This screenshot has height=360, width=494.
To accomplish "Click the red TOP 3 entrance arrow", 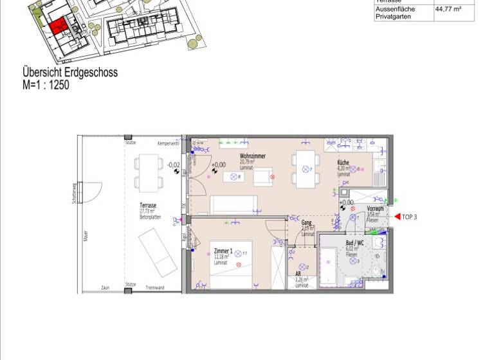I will [x=397, y=217].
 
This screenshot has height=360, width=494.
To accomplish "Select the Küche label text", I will [x=343, y=163].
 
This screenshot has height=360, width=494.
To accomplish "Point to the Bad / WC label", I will [x=354, y=243].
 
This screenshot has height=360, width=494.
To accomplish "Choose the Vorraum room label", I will [x=375, y=209].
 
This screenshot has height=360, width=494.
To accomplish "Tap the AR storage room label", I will [x=298, y=273].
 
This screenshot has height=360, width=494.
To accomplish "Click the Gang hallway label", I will [x=307, y=222].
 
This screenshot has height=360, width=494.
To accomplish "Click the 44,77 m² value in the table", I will [x=448, y=10].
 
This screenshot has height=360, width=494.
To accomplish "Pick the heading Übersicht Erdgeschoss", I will [x=70, y=73].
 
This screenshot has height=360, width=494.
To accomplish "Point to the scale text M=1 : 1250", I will [x=46, y=84].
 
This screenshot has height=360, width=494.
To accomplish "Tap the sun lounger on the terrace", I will [x=154, y=252].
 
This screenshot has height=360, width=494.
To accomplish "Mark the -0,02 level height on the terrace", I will [x=172, y=165].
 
